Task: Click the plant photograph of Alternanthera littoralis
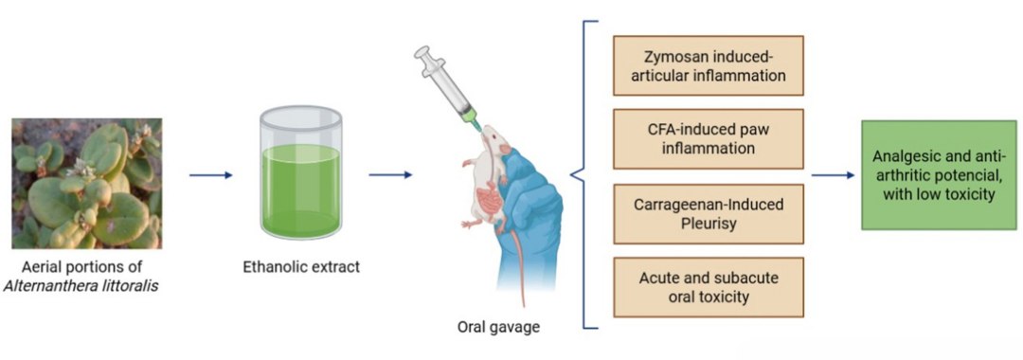point(86,183)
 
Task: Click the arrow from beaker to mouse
point(389,174)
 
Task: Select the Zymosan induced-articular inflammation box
point(708,65)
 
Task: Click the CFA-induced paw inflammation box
point(708,138)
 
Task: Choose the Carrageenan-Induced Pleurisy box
point(708,212)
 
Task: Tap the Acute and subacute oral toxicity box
point(708,286)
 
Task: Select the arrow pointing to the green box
point(833,175)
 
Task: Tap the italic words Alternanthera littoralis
point(86,285)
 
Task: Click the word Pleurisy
point(709,223)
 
